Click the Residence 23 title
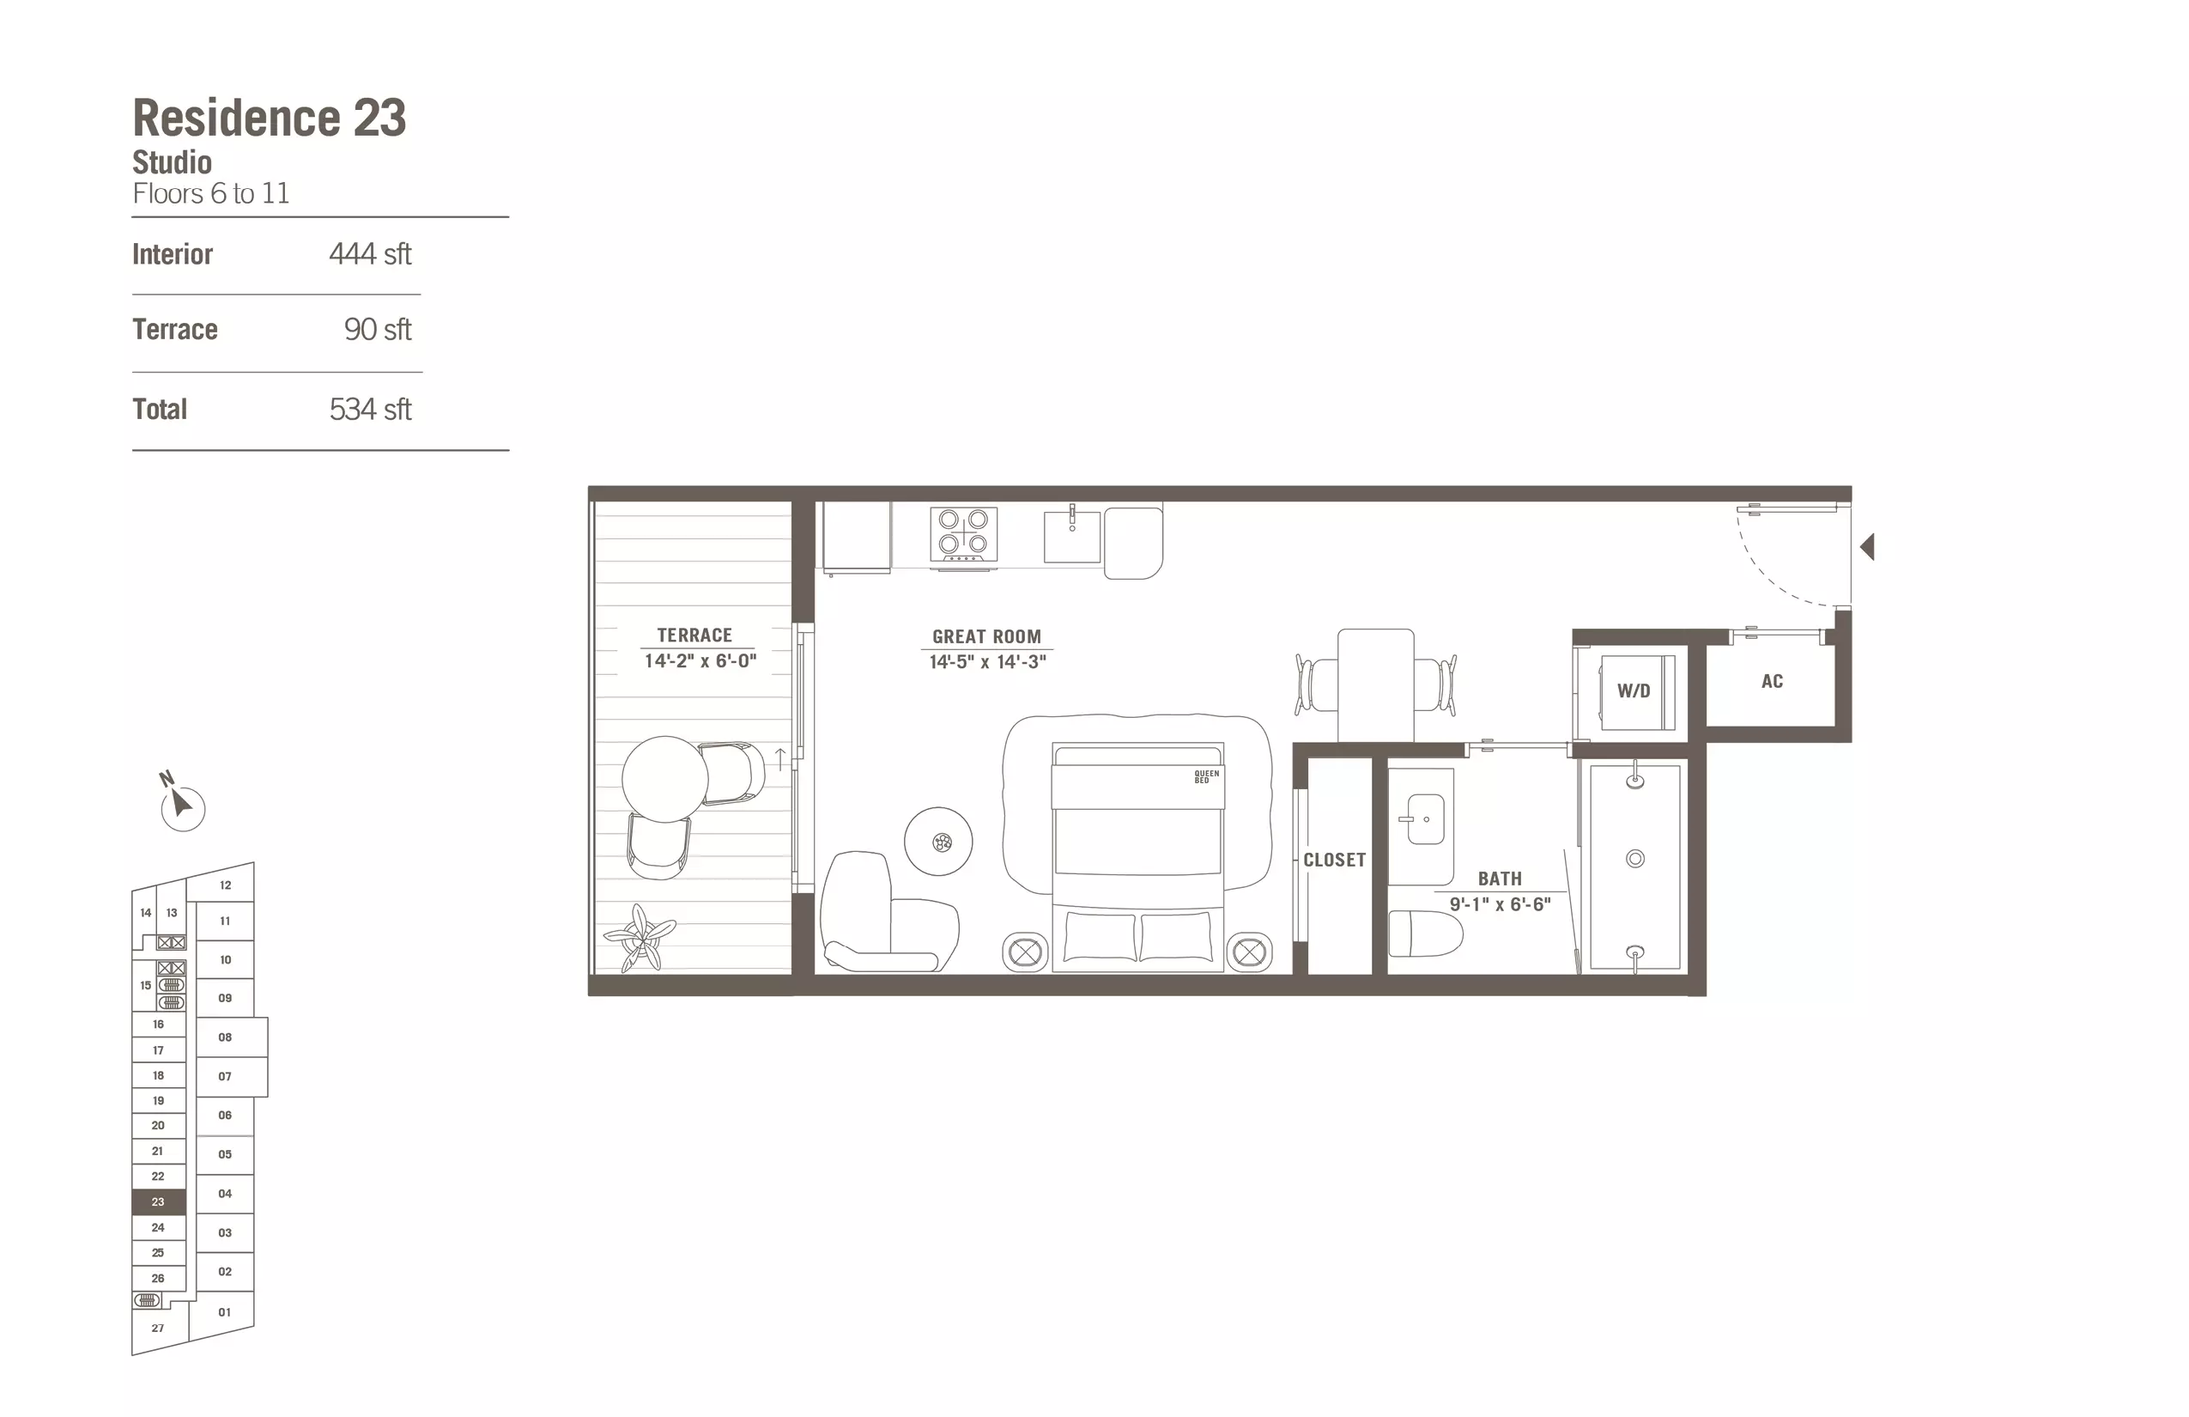point(270,118)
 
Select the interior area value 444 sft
point(370,254)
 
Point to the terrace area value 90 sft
point(377,330)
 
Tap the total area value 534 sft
point(370,410)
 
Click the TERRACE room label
point(694,635)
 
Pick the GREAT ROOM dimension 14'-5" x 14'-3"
point(987,661)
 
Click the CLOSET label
point(1334,861)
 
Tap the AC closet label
point(1773,682)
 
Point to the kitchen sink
point(1071,538)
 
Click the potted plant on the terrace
point(640,938)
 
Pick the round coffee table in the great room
point(938,841)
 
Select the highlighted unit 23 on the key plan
point(158,1201)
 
